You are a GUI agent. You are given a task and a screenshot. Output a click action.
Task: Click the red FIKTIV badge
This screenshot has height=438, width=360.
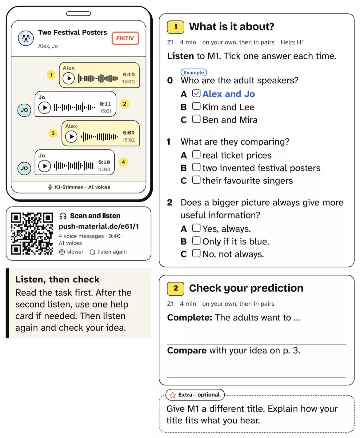tap(125, 38)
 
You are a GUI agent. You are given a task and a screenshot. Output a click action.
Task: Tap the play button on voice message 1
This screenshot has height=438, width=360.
tap(69, 78)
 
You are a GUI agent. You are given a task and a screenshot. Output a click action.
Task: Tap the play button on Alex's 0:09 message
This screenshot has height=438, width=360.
tap(71, 137)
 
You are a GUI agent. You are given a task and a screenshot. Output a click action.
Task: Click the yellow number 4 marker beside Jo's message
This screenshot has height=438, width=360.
tap(123, 162)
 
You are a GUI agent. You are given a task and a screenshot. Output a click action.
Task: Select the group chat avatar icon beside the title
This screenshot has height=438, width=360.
tap(26, 38)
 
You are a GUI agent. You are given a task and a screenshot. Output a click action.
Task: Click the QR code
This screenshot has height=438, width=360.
tap(32, 233)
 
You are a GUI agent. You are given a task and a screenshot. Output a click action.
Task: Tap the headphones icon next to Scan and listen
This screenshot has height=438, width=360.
tap(63, 216)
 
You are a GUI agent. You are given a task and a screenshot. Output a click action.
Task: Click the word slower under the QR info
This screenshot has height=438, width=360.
tap(75, 252)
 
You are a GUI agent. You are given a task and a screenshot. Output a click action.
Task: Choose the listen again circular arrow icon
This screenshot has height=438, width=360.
tap(92, 252)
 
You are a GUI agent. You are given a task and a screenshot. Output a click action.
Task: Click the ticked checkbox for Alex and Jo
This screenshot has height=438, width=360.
tap(196, 94)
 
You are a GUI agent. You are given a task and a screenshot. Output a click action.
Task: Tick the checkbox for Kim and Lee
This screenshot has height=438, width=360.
tap(196, 106)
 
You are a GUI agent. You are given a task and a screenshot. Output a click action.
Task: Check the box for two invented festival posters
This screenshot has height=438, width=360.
tap(196, 167)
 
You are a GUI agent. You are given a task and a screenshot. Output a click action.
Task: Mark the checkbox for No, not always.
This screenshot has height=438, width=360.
tap(196, 253)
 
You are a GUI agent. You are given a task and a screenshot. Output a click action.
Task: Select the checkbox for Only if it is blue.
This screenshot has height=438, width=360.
tap(196, 241)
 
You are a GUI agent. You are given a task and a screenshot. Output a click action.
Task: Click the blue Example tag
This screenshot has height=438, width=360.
tap(194, 73)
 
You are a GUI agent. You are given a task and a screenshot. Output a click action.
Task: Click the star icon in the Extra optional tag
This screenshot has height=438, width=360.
tap(172, 395)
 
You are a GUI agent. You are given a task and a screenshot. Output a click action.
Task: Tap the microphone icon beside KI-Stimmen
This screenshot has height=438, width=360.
tap(50, 187)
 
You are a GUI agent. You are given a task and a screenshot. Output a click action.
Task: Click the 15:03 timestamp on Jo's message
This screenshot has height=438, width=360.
tap(104, 169)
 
